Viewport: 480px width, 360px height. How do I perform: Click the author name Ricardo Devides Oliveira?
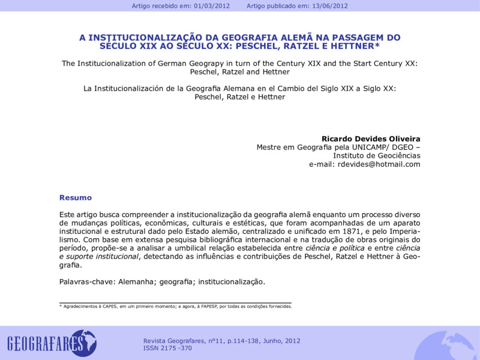(371, 139)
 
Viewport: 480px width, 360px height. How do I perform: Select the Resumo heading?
(76, 197)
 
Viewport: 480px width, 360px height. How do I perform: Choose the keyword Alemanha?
(136, 281)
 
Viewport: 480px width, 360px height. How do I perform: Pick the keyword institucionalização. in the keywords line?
(232, 281)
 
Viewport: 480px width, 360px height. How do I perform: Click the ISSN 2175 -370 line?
(167, 348)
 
